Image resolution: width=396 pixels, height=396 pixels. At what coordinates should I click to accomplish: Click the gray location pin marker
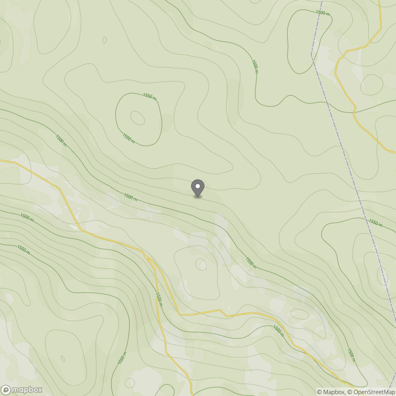198,188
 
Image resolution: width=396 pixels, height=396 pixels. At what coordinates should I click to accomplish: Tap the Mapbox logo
22,390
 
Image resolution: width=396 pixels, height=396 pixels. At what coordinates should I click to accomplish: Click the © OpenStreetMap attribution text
371,392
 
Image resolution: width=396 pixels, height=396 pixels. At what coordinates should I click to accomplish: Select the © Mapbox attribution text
331,392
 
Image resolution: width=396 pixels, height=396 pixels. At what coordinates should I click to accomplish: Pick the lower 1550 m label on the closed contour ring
128,138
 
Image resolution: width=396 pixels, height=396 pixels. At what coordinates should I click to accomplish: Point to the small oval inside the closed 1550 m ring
138,118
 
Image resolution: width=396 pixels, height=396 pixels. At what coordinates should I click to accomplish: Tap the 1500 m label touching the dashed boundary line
322,12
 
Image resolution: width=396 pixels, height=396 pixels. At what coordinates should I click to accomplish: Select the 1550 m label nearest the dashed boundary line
376,224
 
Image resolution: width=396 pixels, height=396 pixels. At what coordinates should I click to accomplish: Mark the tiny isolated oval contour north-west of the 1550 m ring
104,40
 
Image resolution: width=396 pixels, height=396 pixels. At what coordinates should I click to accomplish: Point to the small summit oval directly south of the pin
201,264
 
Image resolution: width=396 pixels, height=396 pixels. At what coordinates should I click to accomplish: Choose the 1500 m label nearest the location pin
130,197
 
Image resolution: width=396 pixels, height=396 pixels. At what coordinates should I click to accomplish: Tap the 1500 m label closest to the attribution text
350,354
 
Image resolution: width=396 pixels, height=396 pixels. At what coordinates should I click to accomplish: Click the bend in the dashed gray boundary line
312,54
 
